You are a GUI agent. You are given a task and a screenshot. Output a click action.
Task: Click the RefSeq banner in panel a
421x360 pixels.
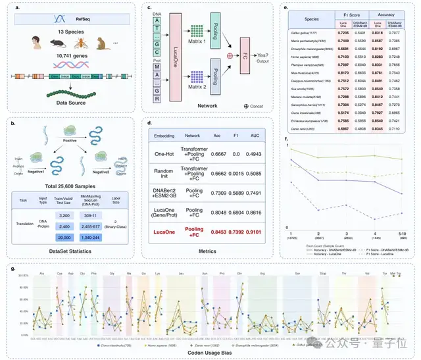coord(65,19)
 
